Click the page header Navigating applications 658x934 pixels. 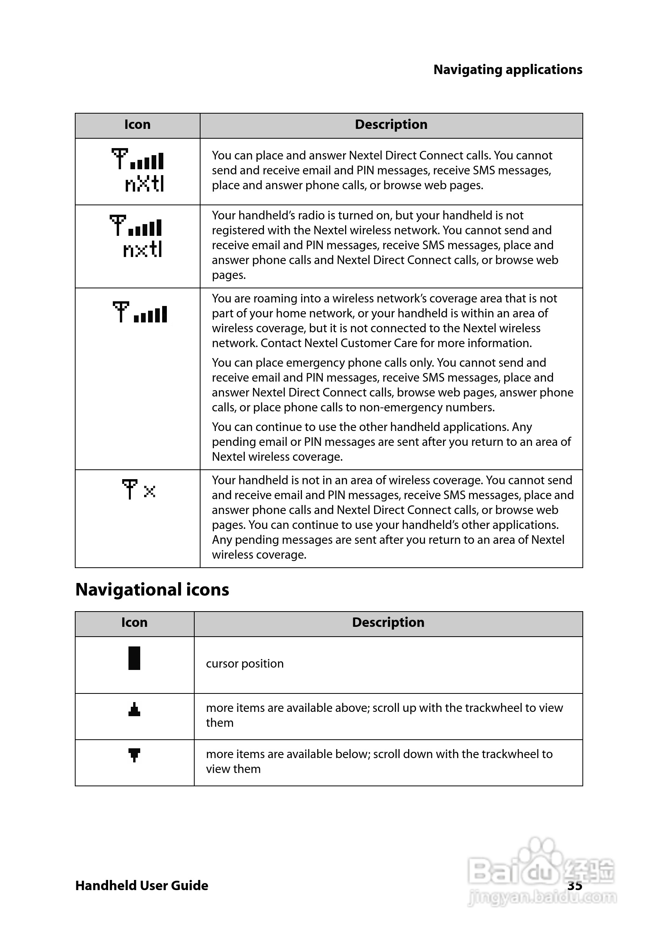click(x=508, y=70)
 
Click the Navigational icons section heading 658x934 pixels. click(x=152, y=590)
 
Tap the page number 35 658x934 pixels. click(x=575, y=885)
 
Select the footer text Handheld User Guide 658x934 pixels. click(x=141, y=885)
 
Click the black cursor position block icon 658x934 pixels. click(x=134, y=658)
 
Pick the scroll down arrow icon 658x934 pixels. click(x=134, y=755)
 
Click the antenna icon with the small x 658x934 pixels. click(x=138, y=489)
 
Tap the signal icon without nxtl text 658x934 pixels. click(x=140, y=312)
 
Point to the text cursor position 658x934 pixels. click(x=244, y=664)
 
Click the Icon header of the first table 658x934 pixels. click(x=137, y=125)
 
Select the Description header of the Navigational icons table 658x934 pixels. click(x=388, y=623)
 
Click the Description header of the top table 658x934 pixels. click(x=391, y=125)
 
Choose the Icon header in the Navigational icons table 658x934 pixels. click(x=134, y=623)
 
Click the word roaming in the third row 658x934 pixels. click(x=275, y=299)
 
